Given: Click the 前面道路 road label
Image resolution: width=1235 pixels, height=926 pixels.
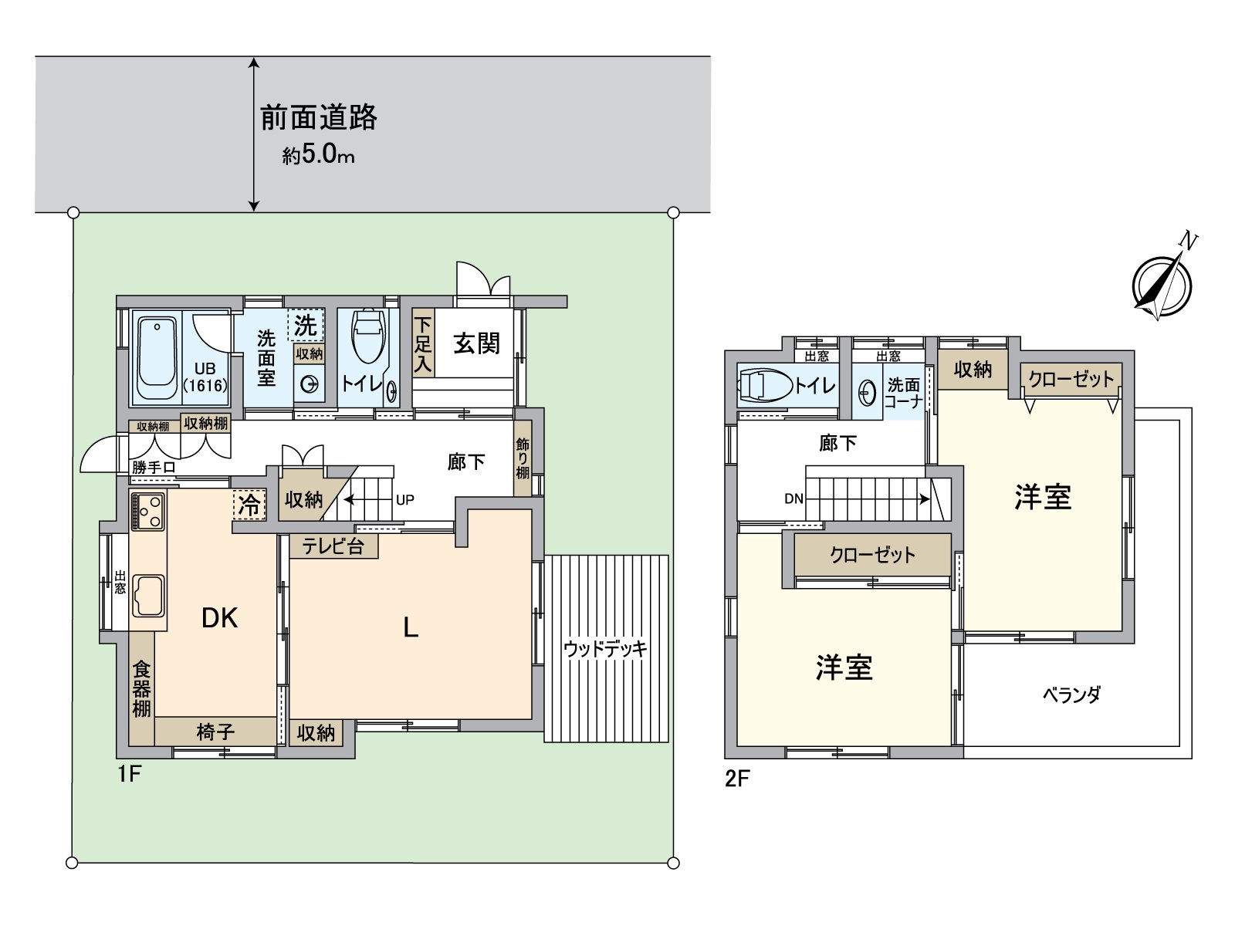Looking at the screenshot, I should (318, 118).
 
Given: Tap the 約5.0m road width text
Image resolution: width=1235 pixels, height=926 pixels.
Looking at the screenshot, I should (318, 155).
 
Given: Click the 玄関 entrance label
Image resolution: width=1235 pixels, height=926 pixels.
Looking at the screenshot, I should (476, 343).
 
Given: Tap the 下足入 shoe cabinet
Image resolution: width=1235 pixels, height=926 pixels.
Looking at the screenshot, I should (423, 343).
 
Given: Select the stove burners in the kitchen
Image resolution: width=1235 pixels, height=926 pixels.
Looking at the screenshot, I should (147, 512).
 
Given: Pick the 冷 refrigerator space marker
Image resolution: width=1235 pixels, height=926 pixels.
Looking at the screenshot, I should (249, 505).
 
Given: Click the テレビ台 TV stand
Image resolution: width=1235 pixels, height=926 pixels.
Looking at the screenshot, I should (333, 546).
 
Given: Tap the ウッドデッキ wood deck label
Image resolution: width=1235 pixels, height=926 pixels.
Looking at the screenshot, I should (605, 649).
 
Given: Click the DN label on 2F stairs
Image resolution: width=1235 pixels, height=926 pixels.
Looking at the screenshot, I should (793, 499).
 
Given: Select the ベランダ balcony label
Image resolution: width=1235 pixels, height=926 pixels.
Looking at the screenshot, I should (1071, 694).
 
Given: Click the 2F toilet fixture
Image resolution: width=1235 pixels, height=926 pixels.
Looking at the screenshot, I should (763, 384).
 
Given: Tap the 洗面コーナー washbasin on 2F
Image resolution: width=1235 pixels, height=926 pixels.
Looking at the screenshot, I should (868, 393).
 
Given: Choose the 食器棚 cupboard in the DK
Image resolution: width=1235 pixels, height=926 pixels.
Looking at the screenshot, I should (141, 688).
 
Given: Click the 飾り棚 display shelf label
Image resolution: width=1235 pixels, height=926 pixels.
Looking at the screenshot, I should (523, 458).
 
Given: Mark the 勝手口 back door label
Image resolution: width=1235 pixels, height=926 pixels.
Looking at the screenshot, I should (153, 467).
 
